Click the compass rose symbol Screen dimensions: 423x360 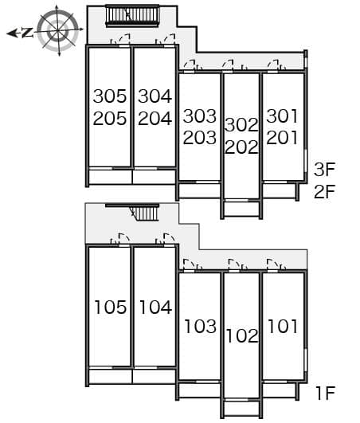click(57, 29)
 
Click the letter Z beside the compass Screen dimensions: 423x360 click(26, 33)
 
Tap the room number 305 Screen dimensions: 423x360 click(110, 96)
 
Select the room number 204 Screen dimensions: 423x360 click(155, 119)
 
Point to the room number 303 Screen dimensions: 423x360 click(199, 116)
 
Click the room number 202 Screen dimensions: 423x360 click(241, 147)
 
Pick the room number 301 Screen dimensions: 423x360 click(283, 116)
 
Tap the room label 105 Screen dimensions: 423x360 click(110, 307)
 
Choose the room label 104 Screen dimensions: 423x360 click(155, 307)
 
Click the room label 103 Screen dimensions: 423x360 click(199, 326)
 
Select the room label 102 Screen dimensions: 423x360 click(241, 335)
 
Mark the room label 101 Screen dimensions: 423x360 click(283, 326)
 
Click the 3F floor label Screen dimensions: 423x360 click(324, 169)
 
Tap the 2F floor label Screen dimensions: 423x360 click(324, 191)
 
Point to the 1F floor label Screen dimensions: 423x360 click(324, 392)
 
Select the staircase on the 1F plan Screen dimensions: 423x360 click(144, 212)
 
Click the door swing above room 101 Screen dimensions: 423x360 click(274, 264)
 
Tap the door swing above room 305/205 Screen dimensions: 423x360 click(123, 39)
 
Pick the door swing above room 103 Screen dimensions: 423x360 click(190, 264)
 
